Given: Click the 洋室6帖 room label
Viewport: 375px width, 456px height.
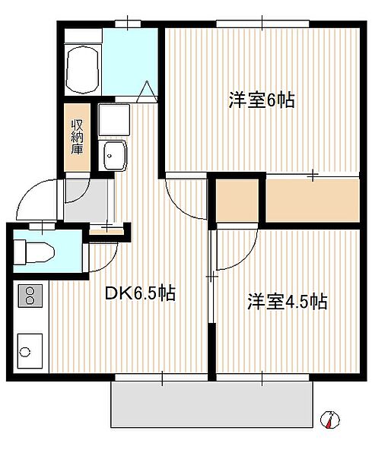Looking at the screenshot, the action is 262,100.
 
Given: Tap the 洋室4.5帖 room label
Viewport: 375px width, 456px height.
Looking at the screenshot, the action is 288,302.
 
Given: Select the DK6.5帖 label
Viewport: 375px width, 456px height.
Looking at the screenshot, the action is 140,293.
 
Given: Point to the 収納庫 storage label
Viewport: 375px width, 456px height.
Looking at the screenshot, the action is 77,137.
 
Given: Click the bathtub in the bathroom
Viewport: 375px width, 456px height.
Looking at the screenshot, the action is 83,70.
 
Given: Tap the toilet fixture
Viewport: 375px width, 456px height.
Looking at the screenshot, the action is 34,252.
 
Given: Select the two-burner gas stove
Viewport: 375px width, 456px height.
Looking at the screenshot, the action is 30,296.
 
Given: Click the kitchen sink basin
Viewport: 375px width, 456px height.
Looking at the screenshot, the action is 30,351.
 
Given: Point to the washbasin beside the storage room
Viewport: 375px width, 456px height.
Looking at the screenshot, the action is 113,155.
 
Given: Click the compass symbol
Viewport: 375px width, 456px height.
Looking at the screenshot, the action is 330,420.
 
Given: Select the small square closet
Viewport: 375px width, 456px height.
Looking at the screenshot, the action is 237,201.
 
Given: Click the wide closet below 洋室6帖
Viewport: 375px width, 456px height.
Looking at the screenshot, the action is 313,200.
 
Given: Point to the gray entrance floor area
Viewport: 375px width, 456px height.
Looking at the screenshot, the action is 86,201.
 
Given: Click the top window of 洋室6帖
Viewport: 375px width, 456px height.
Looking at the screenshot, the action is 262,24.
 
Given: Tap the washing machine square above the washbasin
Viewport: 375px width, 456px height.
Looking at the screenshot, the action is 114,119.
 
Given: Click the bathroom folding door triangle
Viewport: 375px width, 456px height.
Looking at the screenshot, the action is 147,92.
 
